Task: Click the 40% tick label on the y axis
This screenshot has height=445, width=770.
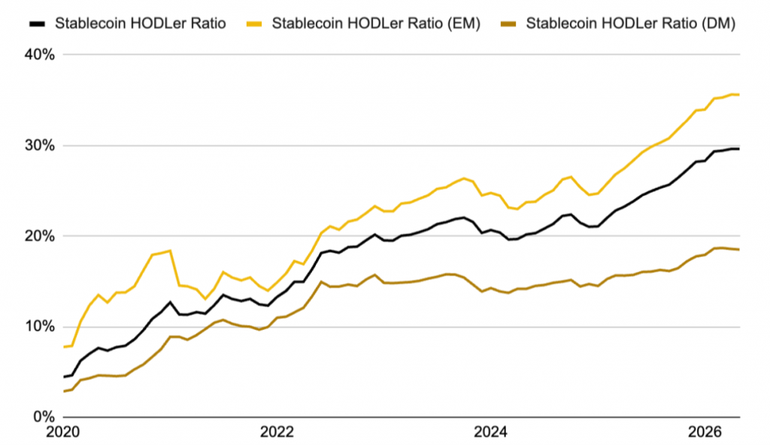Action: pyautogui.click(x=40, y=55)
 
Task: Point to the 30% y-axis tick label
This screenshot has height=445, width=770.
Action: pyautogui.click(x=40, y=145)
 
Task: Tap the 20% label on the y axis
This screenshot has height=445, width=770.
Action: pyautogui.click(x=40, y=236)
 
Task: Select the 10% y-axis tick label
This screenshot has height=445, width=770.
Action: pyautogui.click(x=40, y=327)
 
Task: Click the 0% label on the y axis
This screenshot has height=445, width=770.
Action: pyautogui.click(x=44, y=417)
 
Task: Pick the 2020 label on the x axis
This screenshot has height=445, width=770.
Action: pyautogui.click(x=63, y=432)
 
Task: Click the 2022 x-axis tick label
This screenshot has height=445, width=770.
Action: pyautogui.click(x=277, y=432)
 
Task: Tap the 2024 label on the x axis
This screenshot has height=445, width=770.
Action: pyautogui.click(x=490, y=432)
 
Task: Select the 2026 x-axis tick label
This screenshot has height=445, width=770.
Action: pyautogui.click(x=705, y=432)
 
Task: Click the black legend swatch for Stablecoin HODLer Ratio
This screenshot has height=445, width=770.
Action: pyautogui.click(x=38, y=23)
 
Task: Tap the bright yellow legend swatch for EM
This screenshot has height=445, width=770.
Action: pyautogui.click(x=254, y=23)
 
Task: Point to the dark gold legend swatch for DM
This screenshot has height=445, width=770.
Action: pyautogui.click(x=508, y=23)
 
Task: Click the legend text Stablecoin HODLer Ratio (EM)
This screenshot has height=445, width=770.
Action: pyautogui.click(x=376, y=23)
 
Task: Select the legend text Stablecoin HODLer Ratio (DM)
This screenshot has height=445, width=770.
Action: pyautogui.click(x=631, y=23)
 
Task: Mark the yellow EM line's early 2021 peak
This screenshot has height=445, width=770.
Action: pyautogui.click(x=170, y=250)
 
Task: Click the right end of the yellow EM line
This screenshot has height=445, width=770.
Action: pyautogui.click(x=739, y=95)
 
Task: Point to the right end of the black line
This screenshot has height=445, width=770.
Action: pyautogui.click(x=739, y=149)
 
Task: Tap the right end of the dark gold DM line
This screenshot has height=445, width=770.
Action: pyautogui.click(x=739, y=250)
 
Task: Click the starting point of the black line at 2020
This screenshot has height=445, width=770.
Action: pyautogui.click(x=64, y=377)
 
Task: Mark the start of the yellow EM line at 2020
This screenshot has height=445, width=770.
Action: pyautogui.click(x=64, y=347)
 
